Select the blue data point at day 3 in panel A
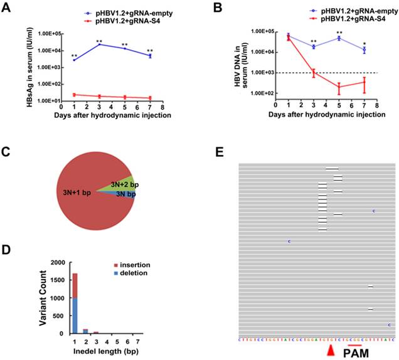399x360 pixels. coord(99,45)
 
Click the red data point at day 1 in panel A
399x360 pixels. coord(74,95)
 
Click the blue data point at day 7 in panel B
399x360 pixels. coord(364,50)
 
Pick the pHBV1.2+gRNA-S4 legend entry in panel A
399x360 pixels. coord(125,20)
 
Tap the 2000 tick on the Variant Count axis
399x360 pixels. coord(57,261)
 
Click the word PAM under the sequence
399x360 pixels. coord(359,352)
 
